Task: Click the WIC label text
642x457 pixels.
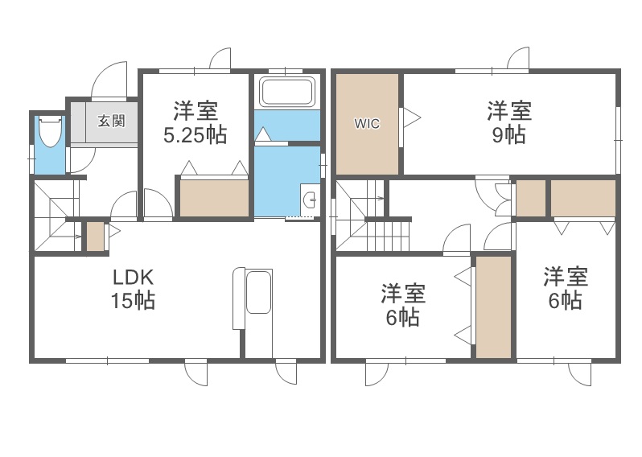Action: pyautogui.click(x=367, y=124)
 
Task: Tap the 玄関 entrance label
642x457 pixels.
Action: pyautogui.click(x=111, y=121)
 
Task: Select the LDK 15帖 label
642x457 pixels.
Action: pyautogui.click(x=134, y=289)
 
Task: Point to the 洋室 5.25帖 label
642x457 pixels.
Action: pyautogui.click(x=195, y=122)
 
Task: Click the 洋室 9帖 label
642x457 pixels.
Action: pyautogui.click(x=508, y=122)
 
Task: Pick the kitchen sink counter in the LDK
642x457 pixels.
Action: pyautogui.click(x=257, y=294)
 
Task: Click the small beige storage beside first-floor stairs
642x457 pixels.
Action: pyautogui.click(x=95, y=235)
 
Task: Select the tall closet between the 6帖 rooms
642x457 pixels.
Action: pyautogui.click(x=493, y=307)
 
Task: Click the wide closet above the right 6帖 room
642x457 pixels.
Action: pyautogui.click(x=583, y=198)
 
